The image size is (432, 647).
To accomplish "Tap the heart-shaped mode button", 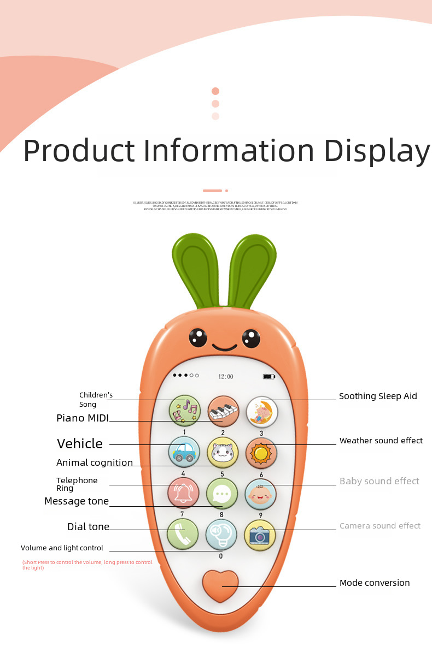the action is [220, 585].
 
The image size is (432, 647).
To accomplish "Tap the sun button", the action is [261, 453].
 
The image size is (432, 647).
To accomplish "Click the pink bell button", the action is [183, 493].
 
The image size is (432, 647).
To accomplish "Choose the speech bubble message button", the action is [222, 494].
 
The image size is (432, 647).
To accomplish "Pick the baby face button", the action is [260, 494].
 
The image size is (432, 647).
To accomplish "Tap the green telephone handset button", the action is [183, 535].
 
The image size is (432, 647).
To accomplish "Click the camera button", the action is [260, 535].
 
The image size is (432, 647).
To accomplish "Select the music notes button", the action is [185, 411].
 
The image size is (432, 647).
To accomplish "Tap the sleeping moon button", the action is [261, 411].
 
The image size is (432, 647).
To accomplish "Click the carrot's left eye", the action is [198, 337].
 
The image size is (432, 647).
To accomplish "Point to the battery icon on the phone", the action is [268, 376].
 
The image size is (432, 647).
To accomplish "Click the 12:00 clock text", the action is [226, 376].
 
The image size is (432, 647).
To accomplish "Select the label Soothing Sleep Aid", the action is [378, 396].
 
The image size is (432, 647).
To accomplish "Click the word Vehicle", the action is [80, 443].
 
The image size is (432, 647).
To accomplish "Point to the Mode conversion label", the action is [375, 583].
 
